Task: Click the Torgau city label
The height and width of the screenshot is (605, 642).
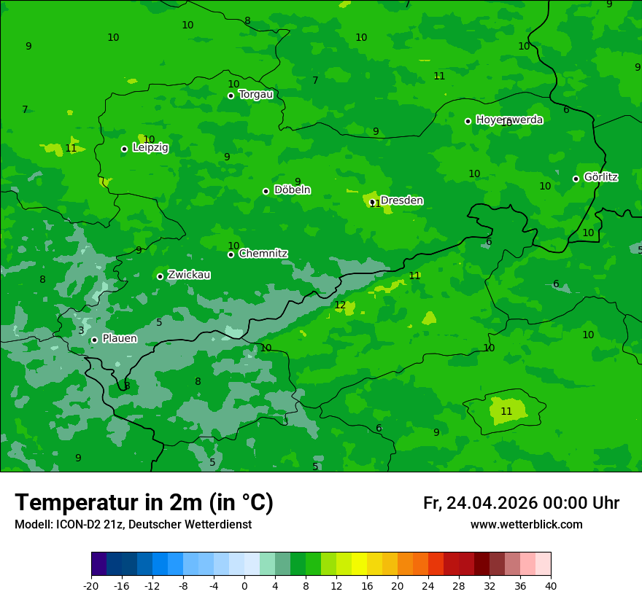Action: (256, 94)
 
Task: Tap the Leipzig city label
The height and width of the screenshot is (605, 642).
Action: (150, 147)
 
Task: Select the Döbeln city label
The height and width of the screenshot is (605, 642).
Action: (292, 190)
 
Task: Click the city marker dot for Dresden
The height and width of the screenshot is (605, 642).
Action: (372, 202)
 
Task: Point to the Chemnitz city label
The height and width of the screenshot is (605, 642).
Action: (263, 253)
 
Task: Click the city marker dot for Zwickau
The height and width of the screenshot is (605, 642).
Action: (160, 276)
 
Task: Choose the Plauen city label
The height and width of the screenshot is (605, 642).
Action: (120, 338)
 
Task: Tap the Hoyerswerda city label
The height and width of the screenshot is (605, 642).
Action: (509, 120)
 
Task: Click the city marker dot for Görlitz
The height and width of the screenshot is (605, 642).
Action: (576, 179)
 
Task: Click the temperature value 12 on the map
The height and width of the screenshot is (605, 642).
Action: (340, 305)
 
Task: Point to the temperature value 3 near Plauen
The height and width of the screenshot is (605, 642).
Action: (81, 330)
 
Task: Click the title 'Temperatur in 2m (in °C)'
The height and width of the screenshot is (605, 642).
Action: (144, 502)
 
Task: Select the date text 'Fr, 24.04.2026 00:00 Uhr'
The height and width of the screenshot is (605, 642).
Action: (521, 503)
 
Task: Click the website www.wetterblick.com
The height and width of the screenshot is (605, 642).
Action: (526, 524)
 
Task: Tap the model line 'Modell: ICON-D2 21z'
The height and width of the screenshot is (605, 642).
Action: (133, 524)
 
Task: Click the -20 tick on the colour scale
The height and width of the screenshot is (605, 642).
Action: (91, 585)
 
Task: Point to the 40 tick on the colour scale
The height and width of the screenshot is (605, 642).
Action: (550, 585)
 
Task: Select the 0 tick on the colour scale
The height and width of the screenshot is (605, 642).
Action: (244, 585)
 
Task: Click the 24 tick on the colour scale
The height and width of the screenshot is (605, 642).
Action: (428, 585)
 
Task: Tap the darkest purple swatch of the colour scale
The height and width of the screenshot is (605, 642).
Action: (98, 564)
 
